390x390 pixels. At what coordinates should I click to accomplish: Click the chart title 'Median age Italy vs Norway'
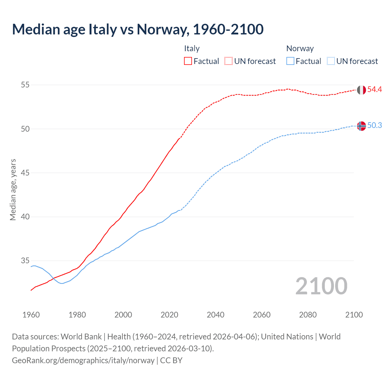click(138, 30)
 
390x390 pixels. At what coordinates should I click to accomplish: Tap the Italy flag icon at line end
click(361, 90)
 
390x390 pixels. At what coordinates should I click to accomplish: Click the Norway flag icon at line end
click(361, 126)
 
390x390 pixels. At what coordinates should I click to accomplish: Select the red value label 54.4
click(374, 90)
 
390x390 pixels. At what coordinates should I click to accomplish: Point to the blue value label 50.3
click(374, 126)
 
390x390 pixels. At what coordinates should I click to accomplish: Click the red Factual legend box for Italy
click(188, 61)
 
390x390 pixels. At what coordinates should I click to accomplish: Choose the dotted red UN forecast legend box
click(229, 61)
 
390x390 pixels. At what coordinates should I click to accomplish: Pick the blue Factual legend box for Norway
click(290, 61)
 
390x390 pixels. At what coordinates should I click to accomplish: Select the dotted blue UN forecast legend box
click(331, 61)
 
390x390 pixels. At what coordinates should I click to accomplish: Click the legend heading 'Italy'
click(192, 48)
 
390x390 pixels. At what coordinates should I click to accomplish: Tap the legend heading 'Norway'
click(300, 48)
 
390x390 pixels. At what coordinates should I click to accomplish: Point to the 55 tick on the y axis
click(25, 85)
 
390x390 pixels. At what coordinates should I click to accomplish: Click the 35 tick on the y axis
click(25, 261)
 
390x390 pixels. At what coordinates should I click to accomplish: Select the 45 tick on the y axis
click(25, 173)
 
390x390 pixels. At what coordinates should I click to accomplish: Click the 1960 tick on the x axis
click(31, 315)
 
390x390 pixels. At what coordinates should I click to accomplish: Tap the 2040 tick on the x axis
click(215, 315)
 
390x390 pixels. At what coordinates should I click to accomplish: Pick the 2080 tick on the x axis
click(308, 315)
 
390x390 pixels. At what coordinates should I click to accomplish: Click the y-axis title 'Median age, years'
click(13, 190)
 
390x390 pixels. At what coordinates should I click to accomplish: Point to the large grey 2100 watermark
click(321, 286)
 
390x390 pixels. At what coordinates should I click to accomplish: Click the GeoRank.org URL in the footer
click(83, 360)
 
